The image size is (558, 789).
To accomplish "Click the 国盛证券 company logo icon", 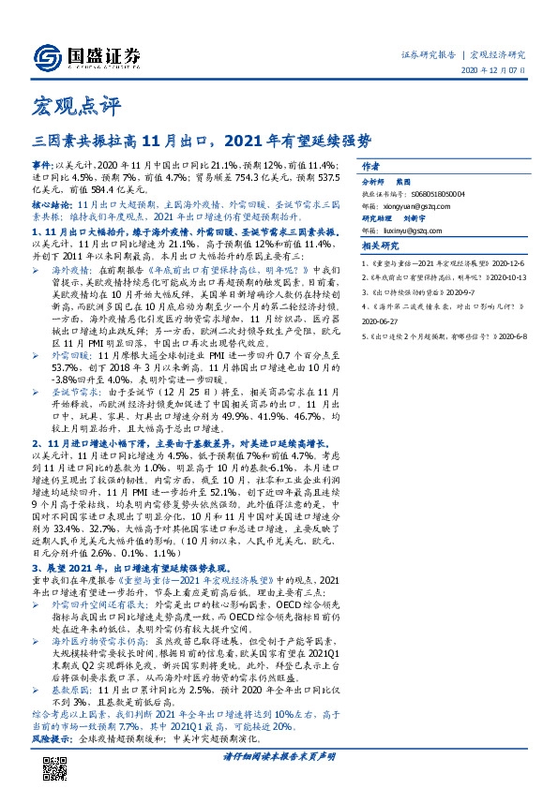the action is tap(46, 53).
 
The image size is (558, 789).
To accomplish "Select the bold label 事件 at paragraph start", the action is tap(42, 164).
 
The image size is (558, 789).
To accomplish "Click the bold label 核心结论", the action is tap(52, 202).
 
